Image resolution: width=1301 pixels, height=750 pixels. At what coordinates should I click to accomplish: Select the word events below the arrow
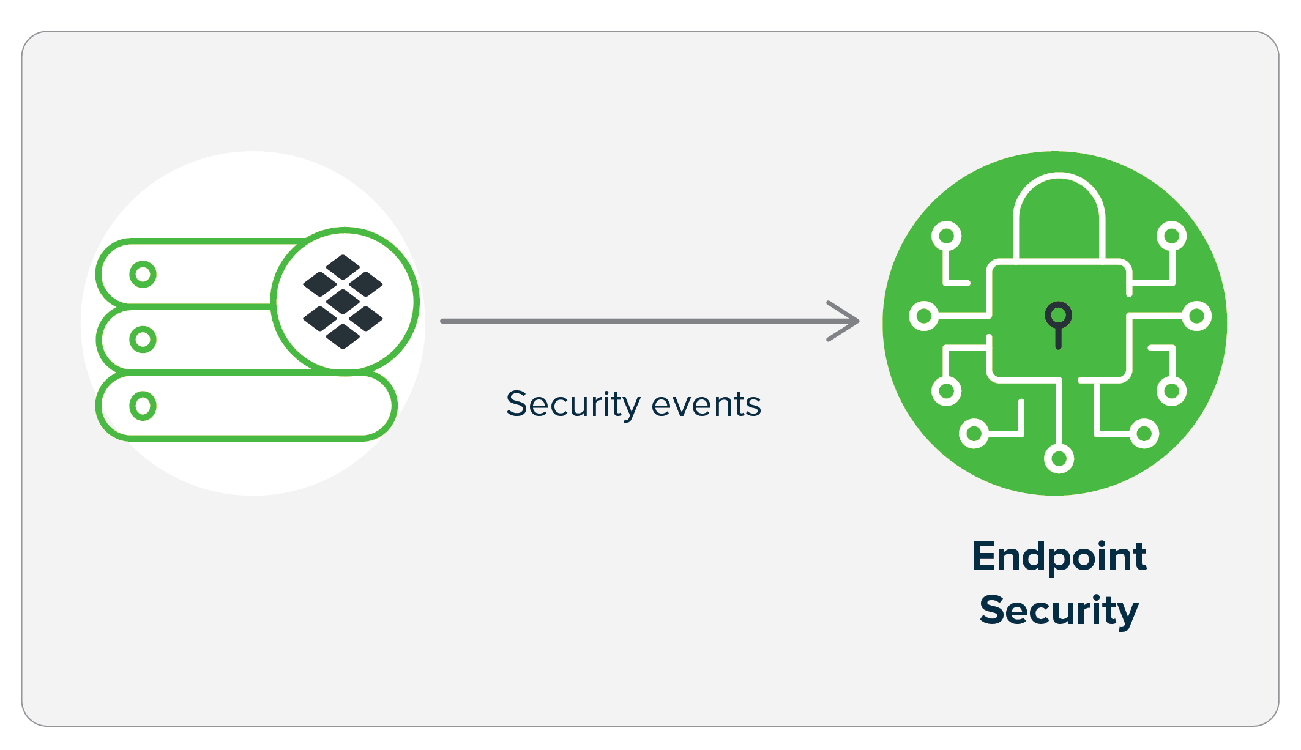pos(706,404)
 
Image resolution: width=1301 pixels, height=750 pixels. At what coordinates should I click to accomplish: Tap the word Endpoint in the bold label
pos(1059,557)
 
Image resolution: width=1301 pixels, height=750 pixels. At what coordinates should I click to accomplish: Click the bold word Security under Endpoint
pos(1059,610)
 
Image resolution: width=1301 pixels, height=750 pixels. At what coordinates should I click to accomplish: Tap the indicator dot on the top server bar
pos(143,275)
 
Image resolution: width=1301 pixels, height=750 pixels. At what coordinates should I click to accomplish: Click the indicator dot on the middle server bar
pos(143,340)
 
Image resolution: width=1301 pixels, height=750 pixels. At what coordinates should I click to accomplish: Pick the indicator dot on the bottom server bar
pos(143,406)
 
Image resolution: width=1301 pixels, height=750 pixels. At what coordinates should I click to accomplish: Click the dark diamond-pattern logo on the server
pos(343,302)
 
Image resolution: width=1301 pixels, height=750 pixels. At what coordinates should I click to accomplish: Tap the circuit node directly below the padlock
pos(1059,458)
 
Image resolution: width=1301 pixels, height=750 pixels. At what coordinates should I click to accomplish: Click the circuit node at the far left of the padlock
pos(924,316)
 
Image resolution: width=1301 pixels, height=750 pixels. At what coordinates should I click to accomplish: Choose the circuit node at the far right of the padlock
pos(1197,316)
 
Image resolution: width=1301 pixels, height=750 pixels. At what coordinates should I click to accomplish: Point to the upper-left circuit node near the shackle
pos(946,236)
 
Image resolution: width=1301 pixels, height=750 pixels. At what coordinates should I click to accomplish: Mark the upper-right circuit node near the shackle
pos(1171,236)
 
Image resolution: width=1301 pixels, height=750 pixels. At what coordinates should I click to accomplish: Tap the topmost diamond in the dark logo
pos(343,267)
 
